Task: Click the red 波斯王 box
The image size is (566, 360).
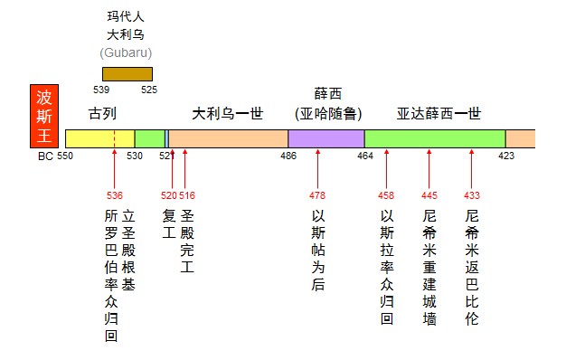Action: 44,117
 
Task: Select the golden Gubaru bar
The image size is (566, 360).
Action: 127,74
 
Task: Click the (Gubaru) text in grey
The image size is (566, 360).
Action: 126,52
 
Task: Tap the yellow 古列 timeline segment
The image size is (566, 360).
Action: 99,139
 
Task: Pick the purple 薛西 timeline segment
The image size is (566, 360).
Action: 325,139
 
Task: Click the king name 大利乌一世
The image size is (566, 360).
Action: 227,114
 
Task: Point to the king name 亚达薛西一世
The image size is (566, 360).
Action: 439,114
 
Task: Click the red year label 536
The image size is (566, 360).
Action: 115,195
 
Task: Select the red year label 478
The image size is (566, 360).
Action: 317,195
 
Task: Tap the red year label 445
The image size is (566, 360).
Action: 429,195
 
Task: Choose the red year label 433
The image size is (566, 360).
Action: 471,195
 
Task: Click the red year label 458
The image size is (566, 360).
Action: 386,195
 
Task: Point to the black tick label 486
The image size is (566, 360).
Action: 288,156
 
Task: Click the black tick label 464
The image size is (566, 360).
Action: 364,156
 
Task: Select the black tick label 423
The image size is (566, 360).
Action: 506,156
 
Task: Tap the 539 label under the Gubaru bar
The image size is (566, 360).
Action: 101,90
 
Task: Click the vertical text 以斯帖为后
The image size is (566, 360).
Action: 317,251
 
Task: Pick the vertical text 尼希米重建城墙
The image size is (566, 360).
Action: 429,268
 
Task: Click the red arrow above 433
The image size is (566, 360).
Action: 471,168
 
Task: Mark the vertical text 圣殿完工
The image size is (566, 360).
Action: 187,242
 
